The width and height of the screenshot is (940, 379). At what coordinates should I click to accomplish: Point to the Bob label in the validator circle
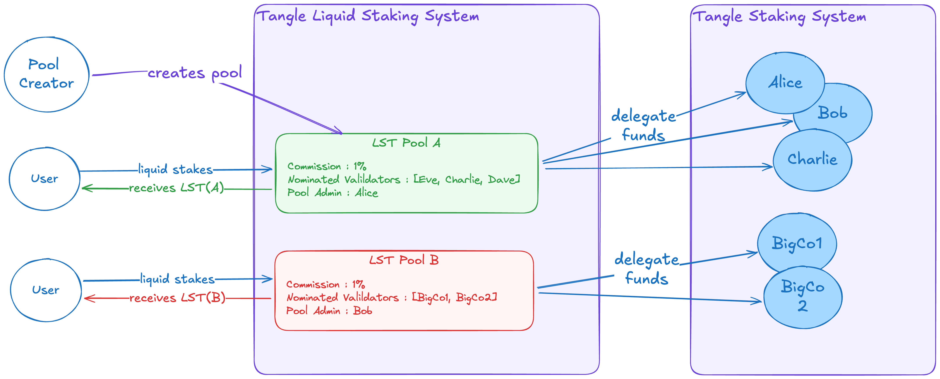[x=832, y=113]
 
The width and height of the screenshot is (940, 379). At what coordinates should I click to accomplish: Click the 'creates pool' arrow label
[x=195, y=73]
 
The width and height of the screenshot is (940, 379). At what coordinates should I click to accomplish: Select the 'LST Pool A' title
[x=406, y=143]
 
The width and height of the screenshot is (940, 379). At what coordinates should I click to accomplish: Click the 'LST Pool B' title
[x=404, y=260]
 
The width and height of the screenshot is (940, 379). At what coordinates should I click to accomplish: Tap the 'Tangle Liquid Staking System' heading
[x=368, y=16]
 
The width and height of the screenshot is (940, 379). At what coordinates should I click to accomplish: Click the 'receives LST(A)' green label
[x=176, y=188]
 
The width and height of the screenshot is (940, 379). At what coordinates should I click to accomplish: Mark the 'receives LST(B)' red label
[x=177, y=298]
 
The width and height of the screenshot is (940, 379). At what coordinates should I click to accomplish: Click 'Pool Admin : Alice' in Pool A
[x=332, y=193]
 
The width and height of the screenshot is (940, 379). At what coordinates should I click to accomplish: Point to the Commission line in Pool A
[x=327, y=166]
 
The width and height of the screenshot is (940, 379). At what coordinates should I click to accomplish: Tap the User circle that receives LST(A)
[x=44, y=179]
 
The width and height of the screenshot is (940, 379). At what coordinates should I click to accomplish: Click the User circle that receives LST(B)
[x=46, y=290]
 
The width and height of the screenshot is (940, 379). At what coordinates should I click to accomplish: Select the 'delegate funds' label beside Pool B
[x=647, y=269]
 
